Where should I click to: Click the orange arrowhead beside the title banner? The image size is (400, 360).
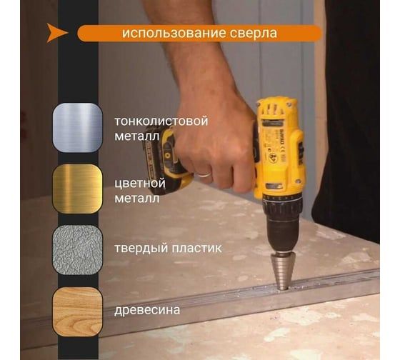click(56, 33)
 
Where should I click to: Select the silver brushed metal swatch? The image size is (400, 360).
click(78, 128)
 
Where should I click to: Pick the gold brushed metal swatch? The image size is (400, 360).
click(78, 189)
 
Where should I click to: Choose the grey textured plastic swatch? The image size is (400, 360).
click(78, 250)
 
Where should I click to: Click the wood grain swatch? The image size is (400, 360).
click(78, 311)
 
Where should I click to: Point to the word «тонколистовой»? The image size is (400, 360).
click(161, 121)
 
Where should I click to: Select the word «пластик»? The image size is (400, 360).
click(196, 248)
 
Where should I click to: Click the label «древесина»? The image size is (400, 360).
click(147, 311)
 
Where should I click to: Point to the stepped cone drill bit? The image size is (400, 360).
click(282, 271)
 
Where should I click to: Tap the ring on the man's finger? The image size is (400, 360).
click(205, 175)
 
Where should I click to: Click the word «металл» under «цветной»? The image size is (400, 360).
click(136, 199)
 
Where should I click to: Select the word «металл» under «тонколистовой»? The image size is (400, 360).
click(136, 136)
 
